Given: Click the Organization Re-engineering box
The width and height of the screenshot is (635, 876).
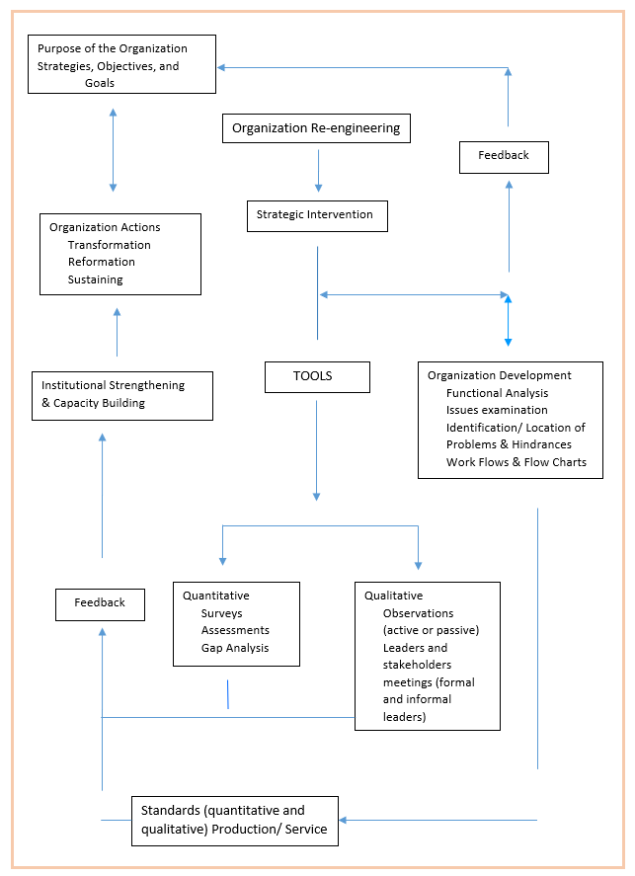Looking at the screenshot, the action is (x=316, y=128).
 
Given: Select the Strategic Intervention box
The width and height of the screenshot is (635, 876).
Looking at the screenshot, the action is (x=317, y=216).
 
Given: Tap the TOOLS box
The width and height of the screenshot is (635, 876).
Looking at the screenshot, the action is (x=317, y=377).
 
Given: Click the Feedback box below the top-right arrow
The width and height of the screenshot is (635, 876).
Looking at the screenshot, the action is (x=504, y=158).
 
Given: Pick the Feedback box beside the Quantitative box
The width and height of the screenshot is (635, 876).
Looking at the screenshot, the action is (x=100, y=604).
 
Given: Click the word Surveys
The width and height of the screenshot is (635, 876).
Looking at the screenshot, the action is (x=222, y=613).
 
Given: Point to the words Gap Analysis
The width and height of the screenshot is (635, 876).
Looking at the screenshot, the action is (x=235, y=648).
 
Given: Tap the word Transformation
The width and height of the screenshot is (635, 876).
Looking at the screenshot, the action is (x=110, y=245).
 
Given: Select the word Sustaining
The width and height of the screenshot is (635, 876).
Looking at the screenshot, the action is (x=96, y=279).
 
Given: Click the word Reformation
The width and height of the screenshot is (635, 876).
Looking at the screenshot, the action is (x=102, y=262).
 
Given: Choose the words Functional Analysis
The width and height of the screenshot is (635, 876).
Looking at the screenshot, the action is (x=497, y=393).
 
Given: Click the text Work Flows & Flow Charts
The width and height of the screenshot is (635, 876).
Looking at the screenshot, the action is (x=516, y=462).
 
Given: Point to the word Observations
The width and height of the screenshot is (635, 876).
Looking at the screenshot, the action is (x=419, y=613).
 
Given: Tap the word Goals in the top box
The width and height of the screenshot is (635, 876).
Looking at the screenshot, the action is (x=100, y=83).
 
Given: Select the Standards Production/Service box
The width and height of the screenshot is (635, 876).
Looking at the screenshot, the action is (x=235, y=821).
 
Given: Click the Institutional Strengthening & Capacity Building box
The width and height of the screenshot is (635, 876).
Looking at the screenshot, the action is (x=122, y=396).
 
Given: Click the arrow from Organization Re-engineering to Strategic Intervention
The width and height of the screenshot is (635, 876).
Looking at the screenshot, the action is (x=318, y=171).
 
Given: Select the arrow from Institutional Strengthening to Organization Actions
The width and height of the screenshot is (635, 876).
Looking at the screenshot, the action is (x=117, y=332).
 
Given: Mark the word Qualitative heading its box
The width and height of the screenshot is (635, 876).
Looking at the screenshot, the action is (x=394, y=597).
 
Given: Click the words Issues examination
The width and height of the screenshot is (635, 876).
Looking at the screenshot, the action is (x=497, y=410).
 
